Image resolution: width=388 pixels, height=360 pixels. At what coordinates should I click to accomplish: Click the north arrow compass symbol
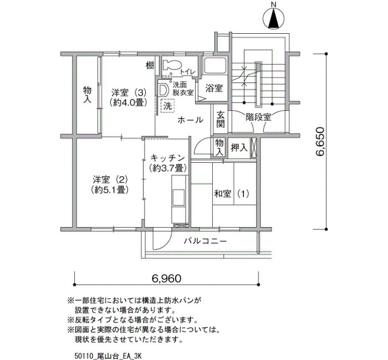pyautogui.click(x=273, y=18)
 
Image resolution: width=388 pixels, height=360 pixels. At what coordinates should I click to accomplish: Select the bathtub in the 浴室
pyautogui.click(x=215, y=65)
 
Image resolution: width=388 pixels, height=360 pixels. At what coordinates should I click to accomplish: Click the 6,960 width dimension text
pyautogui.click(x=166, y=279)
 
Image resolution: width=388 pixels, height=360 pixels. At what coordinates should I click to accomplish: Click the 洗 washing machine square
pyautogui.click(x=167, y=106)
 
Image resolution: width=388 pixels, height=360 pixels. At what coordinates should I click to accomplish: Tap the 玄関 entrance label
pyautogui.click(x=220, y=120)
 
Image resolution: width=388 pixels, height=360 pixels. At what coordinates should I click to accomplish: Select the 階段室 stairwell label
pyautogui.click(x=258, y=117)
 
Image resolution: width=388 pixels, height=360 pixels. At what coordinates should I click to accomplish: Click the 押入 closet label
pyautogui.click(x=239, y=148)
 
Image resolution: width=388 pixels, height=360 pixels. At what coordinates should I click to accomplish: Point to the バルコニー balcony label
pyautogui.click(x=205, y=241)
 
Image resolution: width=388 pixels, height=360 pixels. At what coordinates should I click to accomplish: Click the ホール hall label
pyautogui.click(x=190, y=120)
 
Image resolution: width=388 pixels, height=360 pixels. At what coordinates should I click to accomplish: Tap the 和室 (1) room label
pyautogui.click(x=231, y=194)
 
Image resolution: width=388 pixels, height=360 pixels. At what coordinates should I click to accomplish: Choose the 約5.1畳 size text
pyautogui.click(x=109, y=189)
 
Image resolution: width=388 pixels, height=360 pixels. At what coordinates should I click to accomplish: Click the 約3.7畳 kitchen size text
pyautogui.click(x=167, y=168)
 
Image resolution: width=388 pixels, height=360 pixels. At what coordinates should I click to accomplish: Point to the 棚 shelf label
pyautogui.click(x=150, y=65)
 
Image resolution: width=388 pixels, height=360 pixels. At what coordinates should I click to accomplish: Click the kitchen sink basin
pyautogui.click(x=178, y=196)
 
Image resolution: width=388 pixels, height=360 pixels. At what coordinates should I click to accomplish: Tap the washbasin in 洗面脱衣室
pyautogui.click(x=162, y=90)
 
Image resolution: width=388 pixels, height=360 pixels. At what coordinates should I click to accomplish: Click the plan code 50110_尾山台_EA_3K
pyautogui.click(x=108, y=356)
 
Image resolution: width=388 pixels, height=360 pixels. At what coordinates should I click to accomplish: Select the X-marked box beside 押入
pyautogui.click(x=254, y=148)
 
